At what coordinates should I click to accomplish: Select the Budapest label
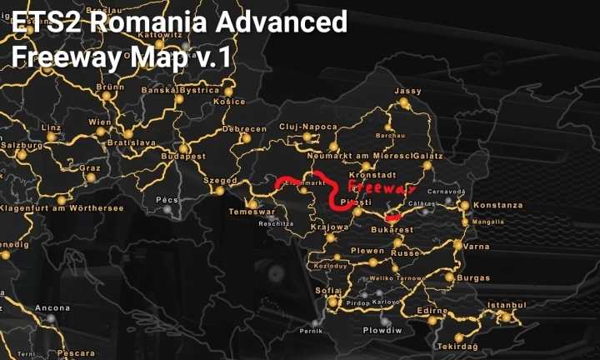183,156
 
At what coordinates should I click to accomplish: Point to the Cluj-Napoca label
308,127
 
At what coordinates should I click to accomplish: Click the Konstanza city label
497,205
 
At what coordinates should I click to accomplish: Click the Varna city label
477,247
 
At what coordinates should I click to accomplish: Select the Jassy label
408,91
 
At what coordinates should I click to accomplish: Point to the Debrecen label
244,129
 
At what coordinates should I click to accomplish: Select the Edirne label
432,310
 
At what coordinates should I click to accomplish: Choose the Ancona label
52,308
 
